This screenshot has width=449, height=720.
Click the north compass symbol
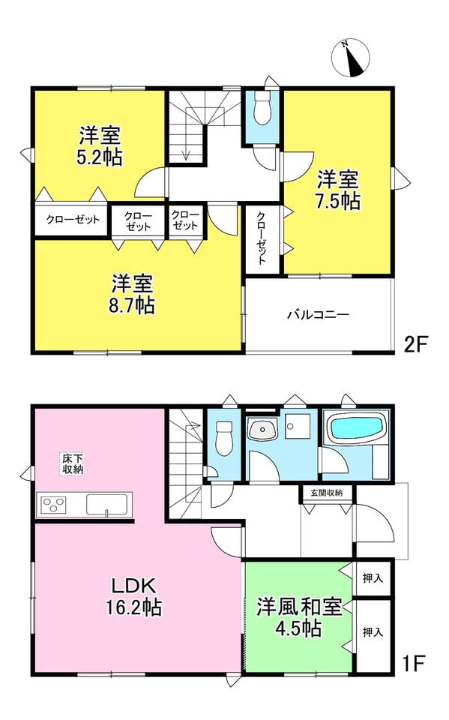pos(350,58)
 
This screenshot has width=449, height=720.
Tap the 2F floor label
pos(416,344)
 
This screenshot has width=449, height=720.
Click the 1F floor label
pos(413,663)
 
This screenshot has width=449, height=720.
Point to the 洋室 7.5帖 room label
pos(338,190)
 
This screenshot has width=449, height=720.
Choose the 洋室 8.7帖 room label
pos(132,294)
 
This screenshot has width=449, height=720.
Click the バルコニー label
pos(318,314)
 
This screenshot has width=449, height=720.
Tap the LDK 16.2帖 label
pos(134,596)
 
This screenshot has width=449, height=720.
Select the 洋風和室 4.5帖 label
pos(299,617)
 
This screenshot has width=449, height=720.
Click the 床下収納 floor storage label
pos(73,463)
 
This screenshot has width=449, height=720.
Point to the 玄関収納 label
pos(326,493)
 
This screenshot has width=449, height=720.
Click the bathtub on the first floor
pos(356,427)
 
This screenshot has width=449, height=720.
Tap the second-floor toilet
pos(262,109)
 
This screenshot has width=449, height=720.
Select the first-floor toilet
pos(224,438)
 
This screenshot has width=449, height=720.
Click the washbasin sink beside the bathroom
pos(262,429)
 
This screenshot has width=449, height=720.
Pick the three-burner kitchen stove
pos(54,505)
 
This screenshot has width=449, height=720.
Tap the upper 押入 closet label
pos(373,577)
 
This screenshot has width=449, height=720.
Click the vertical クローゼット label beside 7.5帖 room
pos(261,238)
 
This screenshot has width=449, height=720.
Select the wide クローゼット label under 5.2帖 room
pos(73,220)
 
